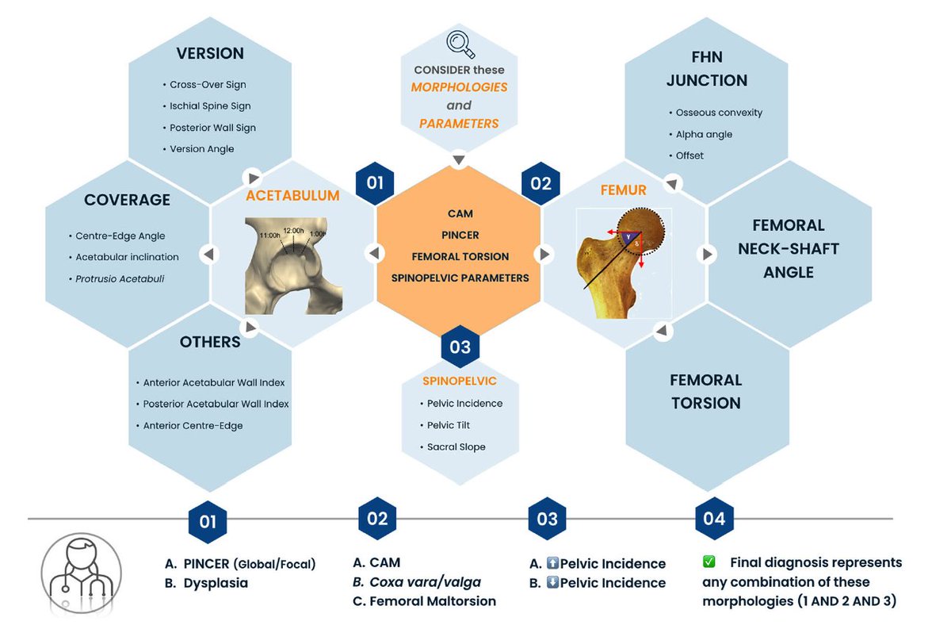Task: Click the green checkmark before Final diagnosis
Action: coord(709,562)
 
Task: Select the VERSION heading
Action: coord(210,54)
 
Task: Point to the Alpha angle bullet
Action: coord(704,134)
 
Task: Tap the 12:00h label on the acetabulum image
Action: coord(294,230)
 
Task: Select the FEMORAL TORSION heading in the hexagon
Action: coord(706,392)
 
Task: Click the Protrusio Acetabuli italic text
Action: coord(120,279)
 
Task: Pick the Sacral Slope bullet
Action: coord(456,447)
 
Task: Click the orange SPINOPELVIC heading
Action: coord(460,382)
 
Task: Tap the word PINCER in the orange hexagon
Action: coord(460,235)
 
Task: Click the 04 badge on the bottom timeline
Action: coord(713,519)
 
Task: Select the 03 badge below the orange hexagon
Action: coord(460,347)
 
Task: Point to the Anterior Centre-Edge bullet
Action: coord(193,425)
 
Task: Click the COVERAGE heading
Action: coord(127,200)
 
